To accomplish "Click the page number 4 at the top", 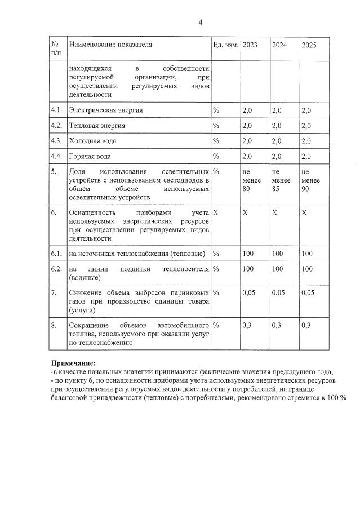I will point(200,23).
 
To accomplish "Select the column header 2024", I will point(279,44).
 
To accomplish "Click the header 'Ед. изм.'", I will point(225,44).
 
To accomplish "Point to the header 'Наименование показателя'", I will point(110,43).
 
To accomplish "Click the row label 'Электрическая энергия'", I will point(105,110).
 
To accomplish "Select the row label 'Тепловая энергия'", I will point(97,125).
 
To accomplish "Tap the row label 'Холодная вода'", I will point(92,140).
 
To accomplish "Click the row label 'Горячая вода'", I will point(90,156).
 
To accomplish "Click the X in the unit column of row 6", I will point(216,213).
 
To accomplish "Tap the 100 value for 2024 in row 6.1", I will point(278,254).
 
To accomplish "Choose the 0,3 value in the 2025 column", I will point(306,325).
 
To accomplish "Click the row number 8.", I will point(54,325).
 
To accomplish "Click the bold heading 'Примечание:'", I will point(73,363).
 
